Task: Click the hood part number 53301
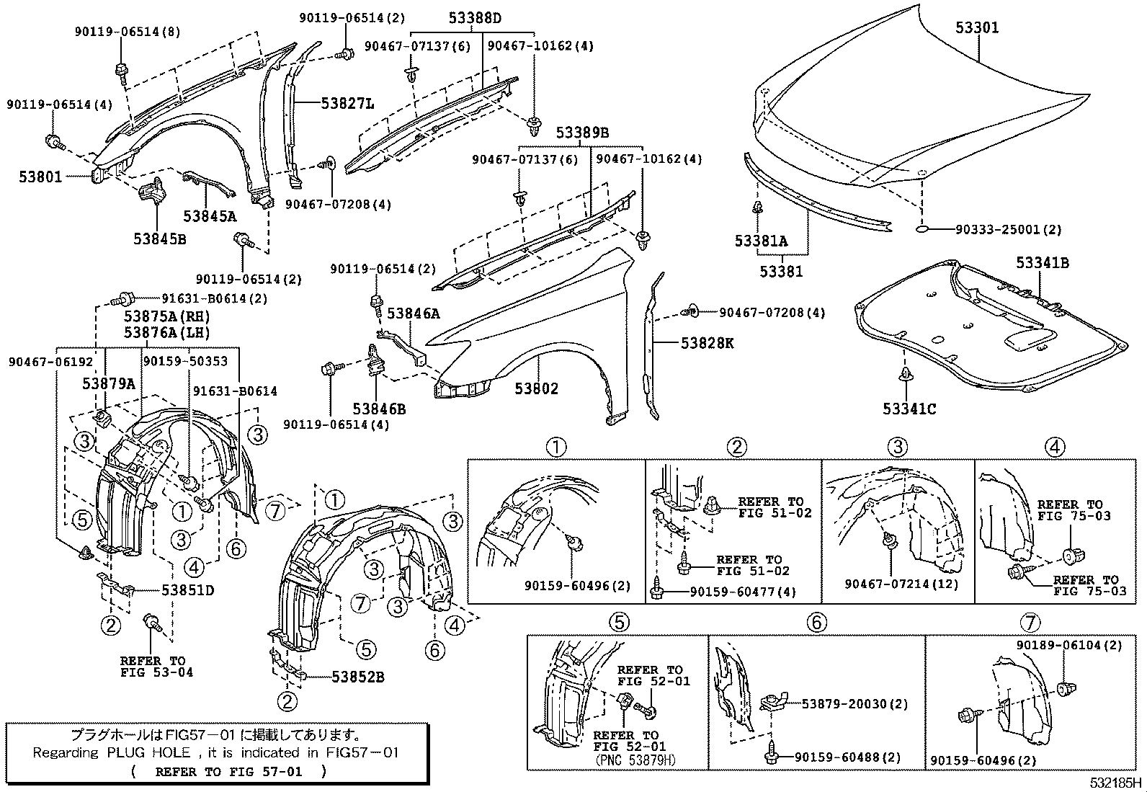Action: point(977,28)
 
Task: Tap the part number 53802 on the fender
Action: point(536,389)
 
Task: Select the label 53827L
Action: point(347,104)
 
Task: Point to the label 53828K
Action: point(707,344)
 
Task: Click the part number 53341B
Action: point(1043,263)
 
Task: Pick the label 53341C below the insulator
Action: point(909,409)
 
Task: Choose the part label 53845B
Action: point(159,238)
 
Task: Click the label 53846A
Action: point(414,313)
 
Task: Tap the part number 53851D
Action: point(187,589)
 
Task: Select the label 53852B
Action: point(357,677)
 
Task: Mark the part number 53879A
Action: point(108,384)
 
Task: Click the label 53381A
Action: point(761,241)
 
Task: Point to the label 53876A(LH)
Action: point(166,332)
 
